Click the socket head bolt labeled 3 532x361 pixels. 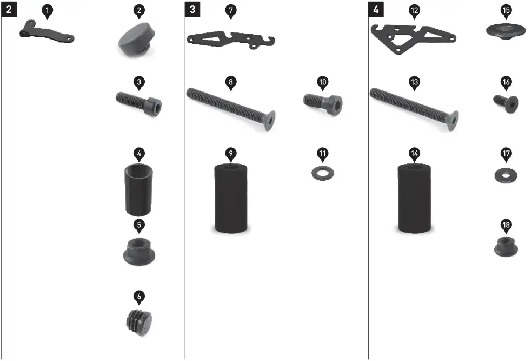(139, 103)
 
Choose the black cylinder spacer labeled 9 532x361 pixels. (231, 198)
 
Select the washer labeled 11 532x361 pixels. (323, 174)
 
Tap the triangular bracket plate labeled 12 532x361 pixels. (413, 37)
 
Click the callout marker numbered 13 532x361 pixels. (414, 82)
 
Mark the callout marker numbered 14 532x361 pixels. (414, 153)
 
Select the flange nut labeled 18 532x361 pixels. (506, 247)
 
